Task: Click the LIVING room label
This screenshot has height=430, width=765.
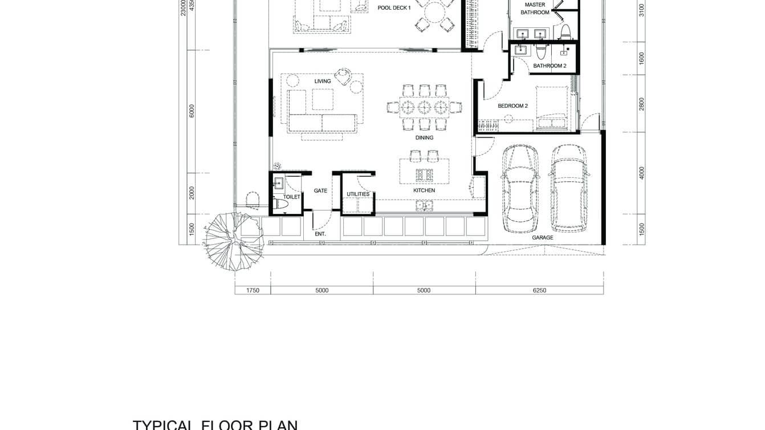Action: [x=323, y=82]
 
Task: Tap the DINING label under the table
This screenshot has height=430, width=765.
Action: [x=424, y=138]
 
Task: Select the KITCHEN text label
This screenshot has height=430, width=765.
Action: [x=424, y=190]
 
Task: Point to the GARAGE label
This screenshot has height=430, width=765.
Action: [x=542, y=238]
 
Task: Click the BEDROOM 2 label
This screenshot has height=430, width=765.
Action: [x=512, y=106]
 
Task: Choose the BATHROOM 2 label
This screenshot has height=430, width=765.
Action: [x=550, y=66]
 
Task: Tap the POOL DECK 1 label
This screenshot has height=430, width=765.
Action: [x=394, y=8]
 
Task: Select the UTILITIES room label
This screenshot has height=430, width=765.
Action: [x=358, y=194]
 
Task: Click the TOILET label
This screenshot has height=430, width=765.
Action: [x=291, y=197]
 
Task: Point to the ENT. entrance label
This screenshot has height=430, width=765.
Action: [x=320, y=234]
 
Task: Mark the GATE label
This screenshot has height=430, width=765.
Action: [x=320, y=190]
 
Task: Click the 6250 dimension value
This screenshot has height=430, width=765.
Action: [x=539, y=290]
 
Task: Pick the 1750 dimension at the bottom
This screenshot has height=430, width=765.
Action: [x=253, y=290]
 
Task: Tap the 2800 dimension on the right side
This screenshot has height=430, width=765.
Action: [x=641, y=104]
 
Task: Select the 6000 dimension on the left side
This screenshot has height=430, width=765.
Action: [x=192, y=111]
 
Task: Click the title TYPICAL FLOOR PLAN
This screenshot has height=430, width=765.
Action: [x=215, y=425]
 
